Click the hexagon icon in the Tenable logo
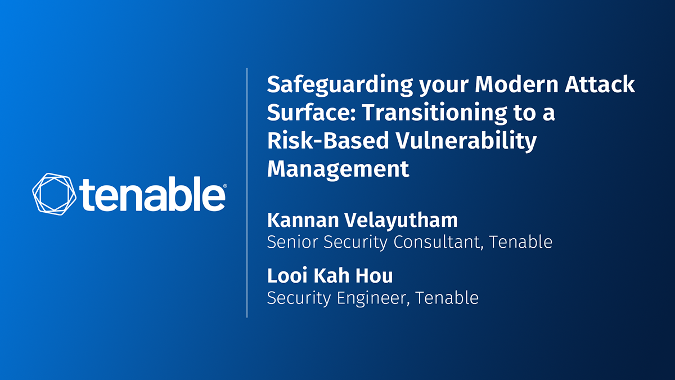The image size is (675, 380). click(55, 193)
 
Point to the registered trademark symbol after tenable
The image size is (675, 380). click(225, 186)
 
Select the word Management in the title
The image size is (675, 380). click(337, 168)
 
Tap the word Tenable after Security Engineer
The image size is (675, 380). click(447, 297)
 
